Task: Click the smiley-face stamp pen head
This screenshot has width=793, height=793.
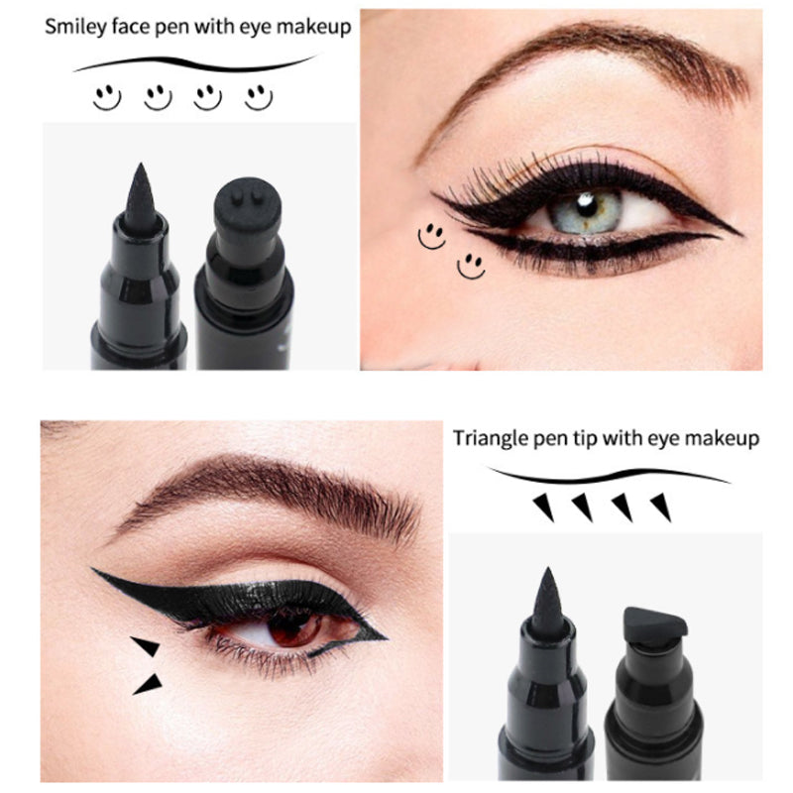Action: (x=239, y=210)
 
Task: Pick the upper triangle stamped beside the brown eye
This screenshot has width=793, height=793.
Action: (x=147, y=646)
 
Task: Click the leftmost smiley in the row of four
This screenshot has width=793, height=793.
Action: (x=107, y=96)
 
